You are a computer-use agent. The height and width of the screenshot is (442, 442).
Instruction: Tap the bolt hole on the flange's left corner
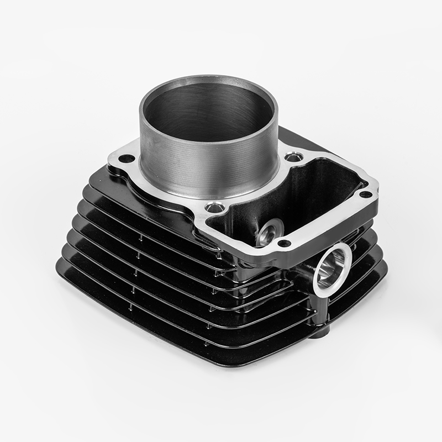coord(127,159)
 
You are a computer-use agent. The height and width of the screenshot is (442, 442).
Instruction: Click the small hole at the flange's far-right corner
coord(365,194)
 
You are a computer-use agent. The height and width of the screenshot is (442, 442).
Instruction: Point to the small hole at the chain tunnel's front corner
coord(283,243)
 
